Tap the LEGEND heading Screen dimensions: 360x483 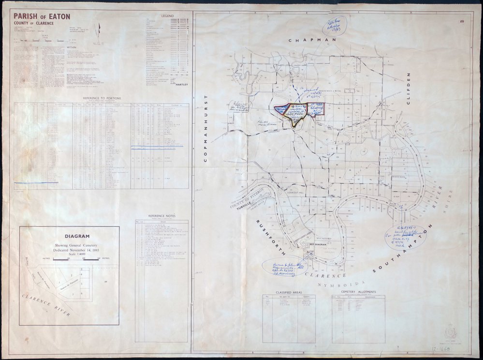(x=167, y=16)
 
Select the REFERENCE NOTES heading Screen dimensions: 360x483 (x=162, y=216)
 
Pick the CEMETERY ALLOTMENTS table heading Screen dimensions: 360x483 (x=358, y=292)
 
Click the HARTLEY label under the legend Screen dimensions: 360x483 (x=181, y=85)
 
